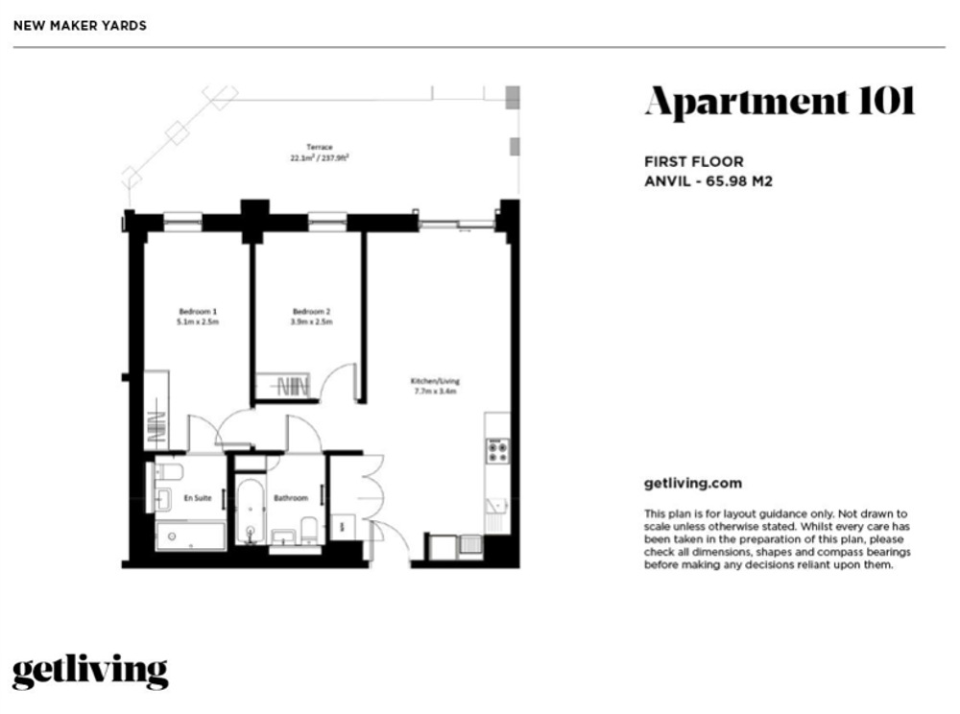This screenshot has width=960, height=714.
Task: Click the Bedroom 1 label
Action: coord(198,312)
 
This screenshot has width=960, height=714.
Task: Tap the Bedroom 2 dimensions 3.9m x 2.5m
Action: coord(312,321)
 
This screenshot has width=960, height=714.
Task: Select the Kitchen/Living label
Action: coord(435,381)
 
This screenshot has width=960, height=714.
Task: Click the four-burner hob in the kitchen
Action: coord(497,451)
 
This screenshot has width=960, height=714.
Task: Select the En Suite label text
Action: coord(198,498)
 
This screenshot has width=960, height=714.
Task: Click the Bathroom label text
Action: coord(291,498)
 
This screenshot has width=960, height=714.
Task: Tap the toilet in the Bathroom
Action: coord(310,530)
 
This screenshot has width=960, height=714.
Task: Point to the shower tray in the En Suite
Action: coord(190,536)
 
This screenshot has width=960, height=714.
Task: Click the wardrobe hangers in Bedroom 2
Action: coord(293,387)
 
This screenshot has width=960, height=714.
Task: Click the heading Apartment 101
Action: coord(780,102)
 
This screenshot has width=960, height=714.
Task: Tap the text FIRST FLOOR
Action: coord(694,162)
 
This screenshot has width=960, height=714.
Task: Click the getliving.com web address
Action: coord(692,484)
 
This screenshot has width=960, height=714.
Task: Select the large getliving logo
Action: coord(90,672)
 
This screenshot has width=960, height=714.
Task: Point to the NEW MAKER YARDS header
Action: coord(81,26)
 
